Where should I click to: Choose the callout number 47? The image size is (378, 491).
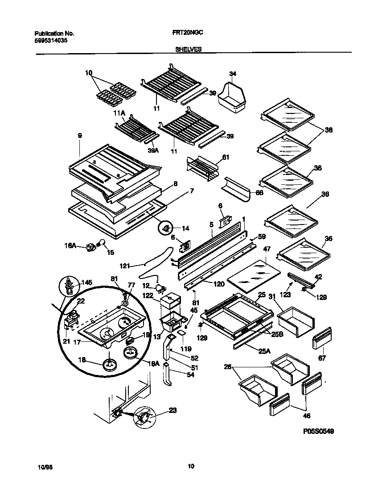(267, 248)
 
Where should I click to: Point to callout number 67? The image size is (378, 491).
(321, 358)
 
